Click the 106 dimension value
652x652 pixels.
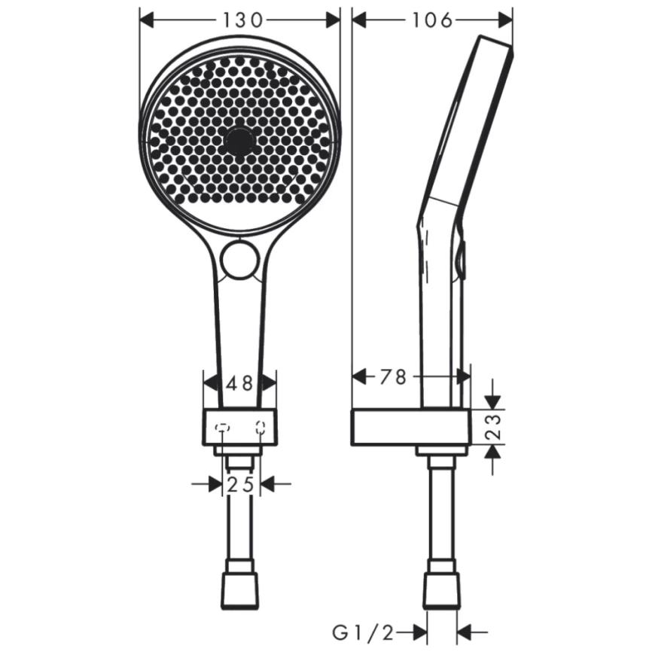point(432,20)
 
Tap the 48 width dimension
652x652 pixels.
point(240,383)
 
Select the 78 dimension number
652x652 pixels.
point(392,377)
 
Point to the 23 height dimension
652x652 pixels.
point(492,427)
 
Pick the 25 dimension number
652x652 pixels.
point(241,486)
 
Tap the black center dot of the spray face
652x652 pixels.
point(240,140)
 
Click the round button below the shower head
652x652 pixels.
point(240,259)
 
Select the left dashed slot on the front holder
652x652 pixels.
point(222,428)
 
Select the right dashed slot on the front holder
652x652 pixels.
point(260,428)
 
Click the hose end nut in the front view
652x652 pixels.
point(239,590)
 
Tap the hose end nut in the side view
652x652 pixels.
point(441,590)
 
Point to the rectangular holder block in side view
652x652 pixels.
point(410,427)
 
